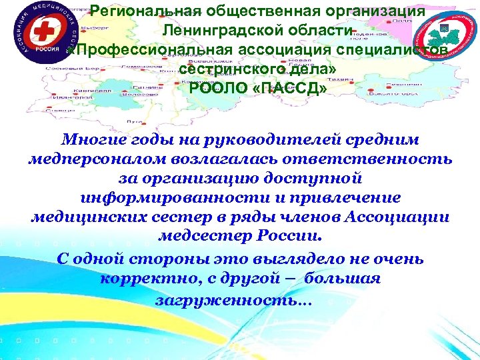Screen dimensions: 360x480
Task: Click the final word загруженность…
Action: (x=233, y=300)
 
